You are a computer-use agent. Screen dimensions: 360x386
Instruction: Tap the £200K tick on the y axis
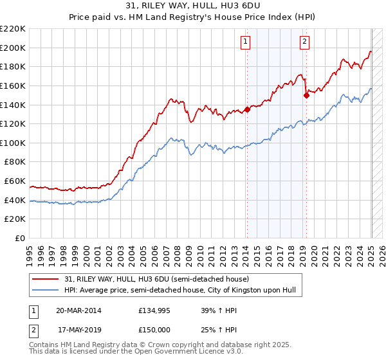tap(14, 48)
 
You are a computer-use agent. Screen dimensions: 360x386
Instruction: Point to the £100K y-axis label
tap(14, 143)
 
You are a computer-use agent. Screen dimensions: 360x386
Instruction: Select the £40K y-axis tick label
tap(15, 200)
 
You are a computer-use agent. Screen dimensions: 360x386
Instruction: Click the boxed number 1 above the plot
tap(246, 42)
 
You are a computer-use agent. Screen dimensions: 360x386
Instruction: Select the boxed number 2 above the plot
tap(304, 42)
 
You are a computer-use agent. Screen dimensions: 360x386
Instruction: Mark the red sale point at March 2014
tap(248, 109)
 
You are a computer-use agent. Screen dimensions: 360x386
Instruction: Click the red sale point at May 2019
tap(306, 95)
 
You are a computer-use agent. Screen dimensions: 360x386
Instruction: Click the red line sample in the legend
tap(46, 279)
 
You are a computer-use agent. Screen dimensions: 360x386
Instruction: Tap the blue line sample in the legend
tap(46, 291)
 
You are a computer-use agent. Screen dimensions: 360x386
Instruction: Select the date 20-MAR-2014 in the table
tap(78, 310)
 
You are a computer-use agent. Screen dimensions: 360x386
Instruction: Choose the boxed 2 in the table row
tap(33, 330)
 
